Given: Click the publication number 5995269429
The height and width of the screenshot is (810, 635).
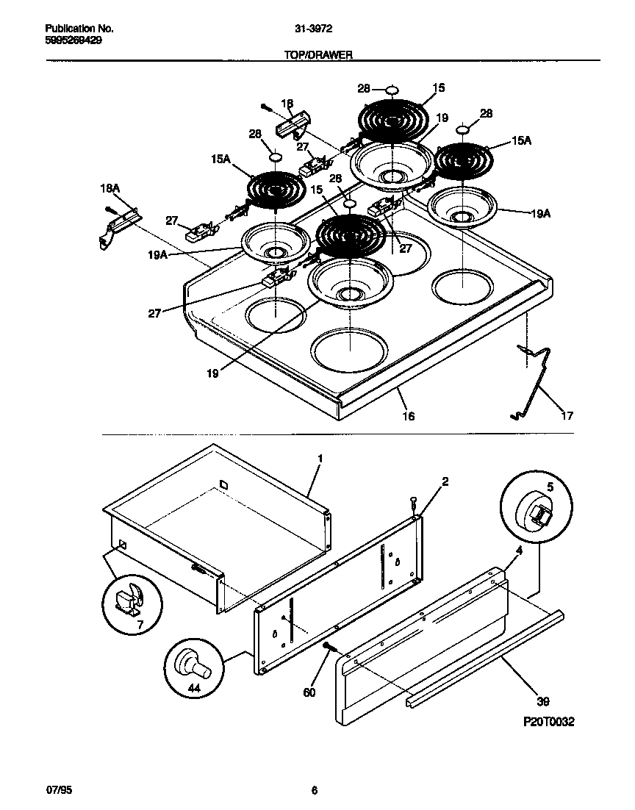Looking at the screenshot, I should click(x=68, y=40).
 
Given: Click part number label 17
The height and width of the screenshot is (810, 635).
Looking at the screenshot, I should click(x=567, y=416).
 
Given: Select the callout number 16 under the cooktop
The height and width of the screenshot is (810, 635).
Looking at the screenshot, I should click(x=408, y=416).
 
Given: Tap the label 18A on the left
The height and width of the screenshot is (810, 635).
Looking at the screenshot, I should click(x=109, y=189).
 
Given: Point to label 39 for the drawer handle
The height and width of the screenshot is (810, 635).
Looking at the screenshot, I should click(x=543, y=701).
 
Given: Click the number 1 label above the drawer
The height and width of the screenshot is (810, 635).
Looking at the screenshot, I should click(x=320, y=458).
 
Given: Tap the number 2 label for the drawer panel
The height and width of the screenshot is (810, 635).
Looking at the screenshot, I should click(x=445, y=482).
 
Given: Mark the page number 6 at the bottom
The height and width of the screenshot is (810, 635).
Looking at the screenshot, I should click(x=314, y=790).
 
